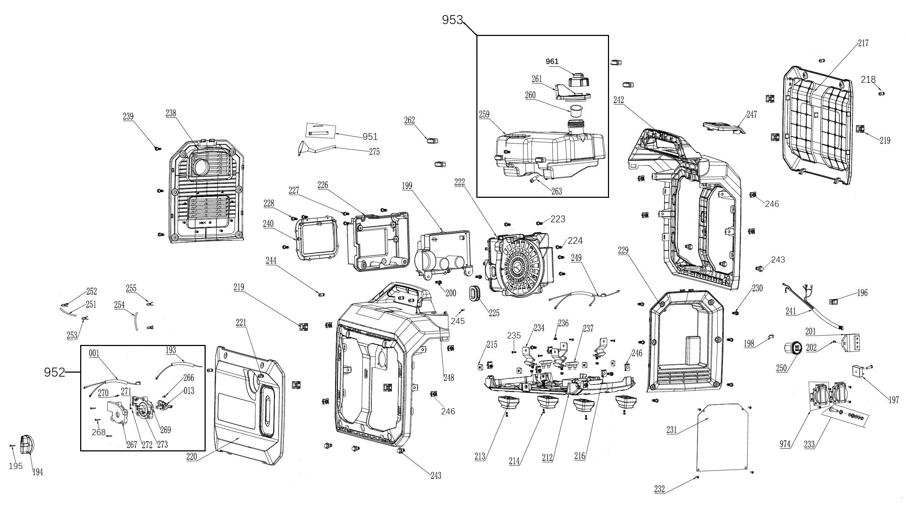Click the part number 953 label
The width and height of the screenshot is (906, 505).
(452, 20)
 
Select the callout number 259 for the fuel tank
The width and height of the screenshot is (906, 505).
(484, 114)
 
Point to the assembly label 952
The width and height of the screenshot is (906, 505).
(54, 372)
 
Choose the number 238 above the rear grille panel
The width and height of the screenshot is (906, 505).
(171, 113)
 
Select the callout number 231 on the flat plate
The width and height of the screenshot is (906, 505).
(672, 429)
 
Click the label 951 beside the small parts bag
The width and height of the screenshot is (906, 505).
(370, 137)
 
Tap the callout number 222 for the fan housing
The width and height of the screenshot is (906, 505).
(459, 182)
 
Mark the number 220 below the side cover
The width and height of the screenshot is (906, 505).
(192, 456)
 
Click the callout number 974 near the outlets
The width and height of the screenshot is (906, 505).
(785, 444)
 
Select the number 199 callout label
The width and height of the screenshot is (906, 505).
(407, 186)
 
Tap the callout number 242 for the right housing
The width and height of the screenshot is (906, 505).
(619, 100)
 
